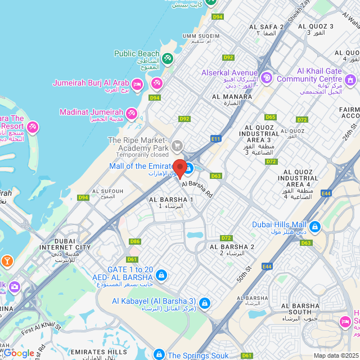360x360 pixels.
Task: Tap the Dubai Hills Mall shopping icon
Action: [x=314, y=227]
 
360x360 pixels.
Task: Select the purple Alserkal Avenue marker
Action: [x=267, y=76]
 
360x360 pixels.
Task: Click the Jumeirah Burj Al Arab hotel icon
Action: [x=138, y=84]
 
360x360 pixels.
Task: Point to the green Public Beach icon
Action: [x=167, y=58]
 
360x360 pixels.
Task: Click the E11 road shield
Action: [x=215, y=138]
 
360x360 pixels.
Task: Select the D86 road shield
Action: [x=134, y=241]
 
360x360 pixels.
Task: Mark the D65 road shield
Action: [x=271, y=117]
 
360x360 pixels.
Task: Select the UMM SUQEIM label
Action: [x=197, y=38]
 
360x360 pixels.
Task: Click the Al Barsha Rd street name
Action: [x=197, y=188]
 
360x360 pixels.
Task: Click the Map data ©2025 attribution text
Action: [x=335, y=355]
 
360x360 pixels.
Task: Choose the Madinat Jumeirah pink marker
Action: [x=131, y=114]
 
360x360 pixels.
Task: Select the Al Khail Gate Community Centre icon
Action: [x=351, y=82]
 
